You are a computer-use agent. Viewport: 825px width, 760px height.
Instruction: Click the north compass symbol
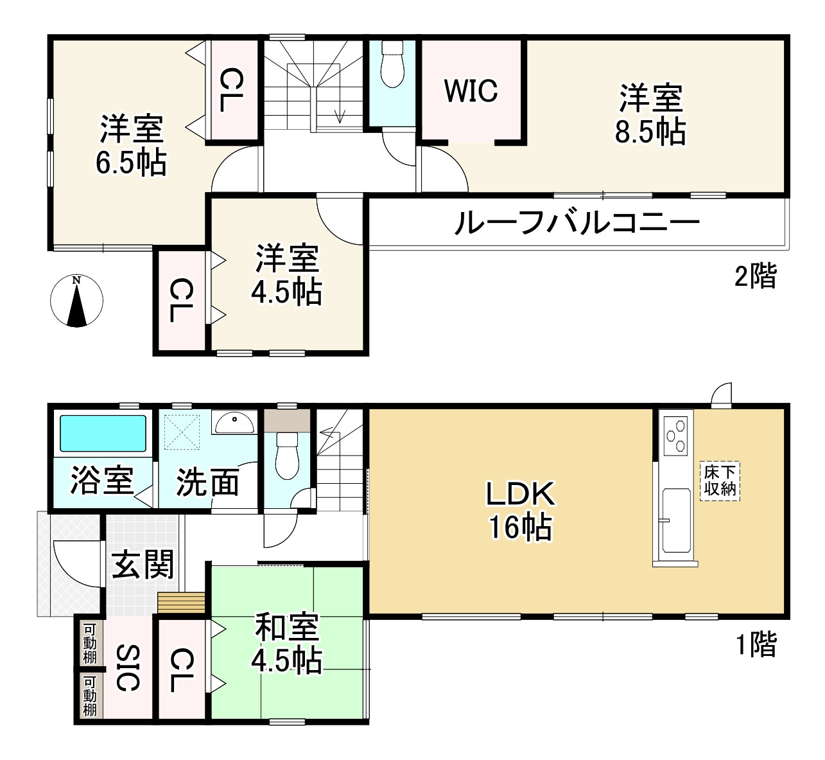point(77,301)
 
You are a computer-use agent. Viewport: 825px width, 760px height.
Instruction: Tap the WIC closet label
point(471,91)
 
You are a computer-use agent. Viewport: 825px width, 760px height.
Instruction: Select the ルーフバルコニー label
point(576,224)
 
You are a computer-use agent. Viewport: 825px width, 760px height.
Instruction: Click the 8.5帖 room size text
point(650,132)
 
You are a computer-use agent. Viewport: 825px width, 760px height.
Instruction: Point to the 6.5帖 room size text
point(131,163)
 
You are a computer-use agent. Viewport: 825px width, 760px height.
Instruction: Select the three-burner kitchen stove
point(676,436)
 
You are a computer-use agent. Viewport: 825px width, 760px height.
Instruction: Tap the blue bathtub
point(103,433)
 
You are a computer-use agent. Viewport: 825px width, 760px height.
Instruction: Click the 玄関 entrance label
point(143,565)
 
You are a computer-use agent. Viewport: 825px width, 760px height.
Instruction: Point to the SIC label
point(128,668)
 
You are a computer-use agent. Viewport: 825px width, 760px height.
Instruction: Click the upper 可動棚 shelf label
point(90,643)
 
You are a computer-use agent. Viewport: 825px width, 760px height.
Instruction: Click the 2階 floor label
point(755,278)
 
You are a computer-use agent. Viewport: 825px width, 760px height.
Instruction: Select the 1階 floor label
point(755,644)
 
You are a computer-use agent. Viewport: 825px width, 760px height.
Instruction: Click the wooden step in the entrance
point(181,603)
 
